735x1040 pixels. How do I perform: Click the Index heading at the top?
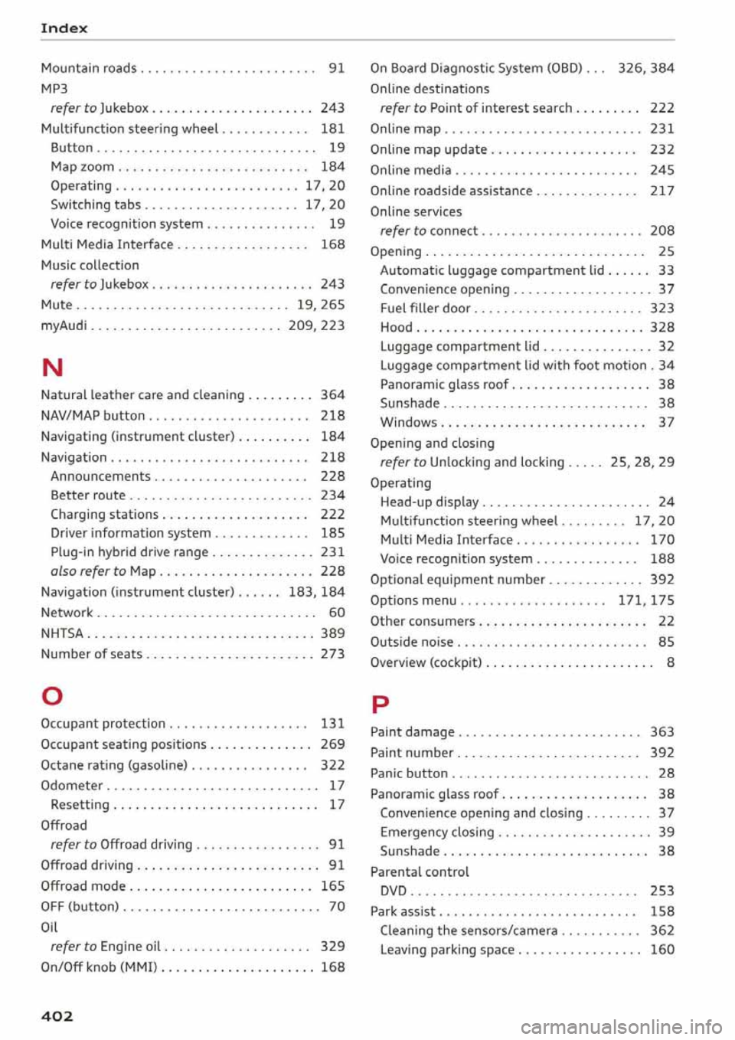point(64,28)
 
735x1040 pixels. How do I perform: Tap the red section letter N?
point(52,368)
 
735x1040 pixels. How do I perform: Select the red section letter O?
point(52,696)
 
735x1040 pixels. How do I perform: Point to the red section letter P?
point(380,704)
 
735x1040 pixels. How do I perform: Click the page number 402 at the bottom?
point(57,1016)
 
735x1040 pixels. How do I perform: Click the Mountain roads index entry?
point(89,68)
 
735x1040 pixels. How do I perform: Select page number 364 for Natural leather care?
point(332,395)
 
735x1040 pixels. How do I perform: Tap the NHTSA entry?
point(62,633)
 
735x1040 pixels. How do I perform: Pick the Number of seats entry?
point(91,654)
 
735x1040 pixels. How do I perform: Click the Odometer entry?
point(72,786)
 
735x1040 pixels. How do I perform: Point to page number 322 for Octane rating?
point(332,765)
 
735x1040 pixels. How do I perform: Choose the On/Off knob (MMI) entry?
point(100,967)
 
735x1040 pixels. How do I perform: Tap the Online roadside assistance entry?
point(451,191)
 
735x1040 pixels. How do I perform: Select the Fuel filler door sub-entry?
point(426,309)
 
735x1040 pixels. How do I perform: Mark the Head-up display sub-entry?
point(430,502)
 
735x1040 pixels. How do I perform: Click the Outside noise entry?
point(411,642)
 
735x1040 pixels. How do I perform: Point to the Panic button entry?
point(409,773)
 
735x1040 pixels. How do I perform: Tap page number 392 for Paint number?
point(661,753)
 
